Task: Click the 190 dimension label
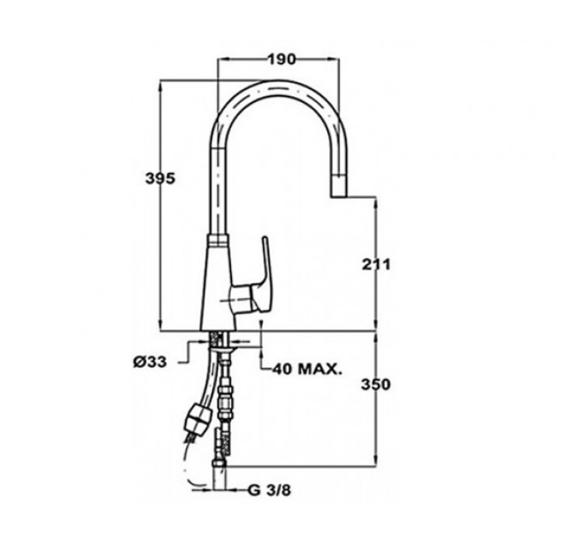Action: coord(281,59)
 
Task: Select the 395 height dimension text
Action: coord(160,179)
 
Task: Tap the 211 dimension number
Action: coord(376,264)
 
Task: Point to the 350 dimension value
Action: coord(376,384)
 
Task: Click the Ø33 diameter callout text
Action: coord(149,362)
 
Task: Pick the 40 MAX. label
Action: coord(307,369)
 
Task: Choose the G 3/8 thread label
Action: coord(269,490)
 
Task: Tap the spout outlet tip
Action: coord(338,186)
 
